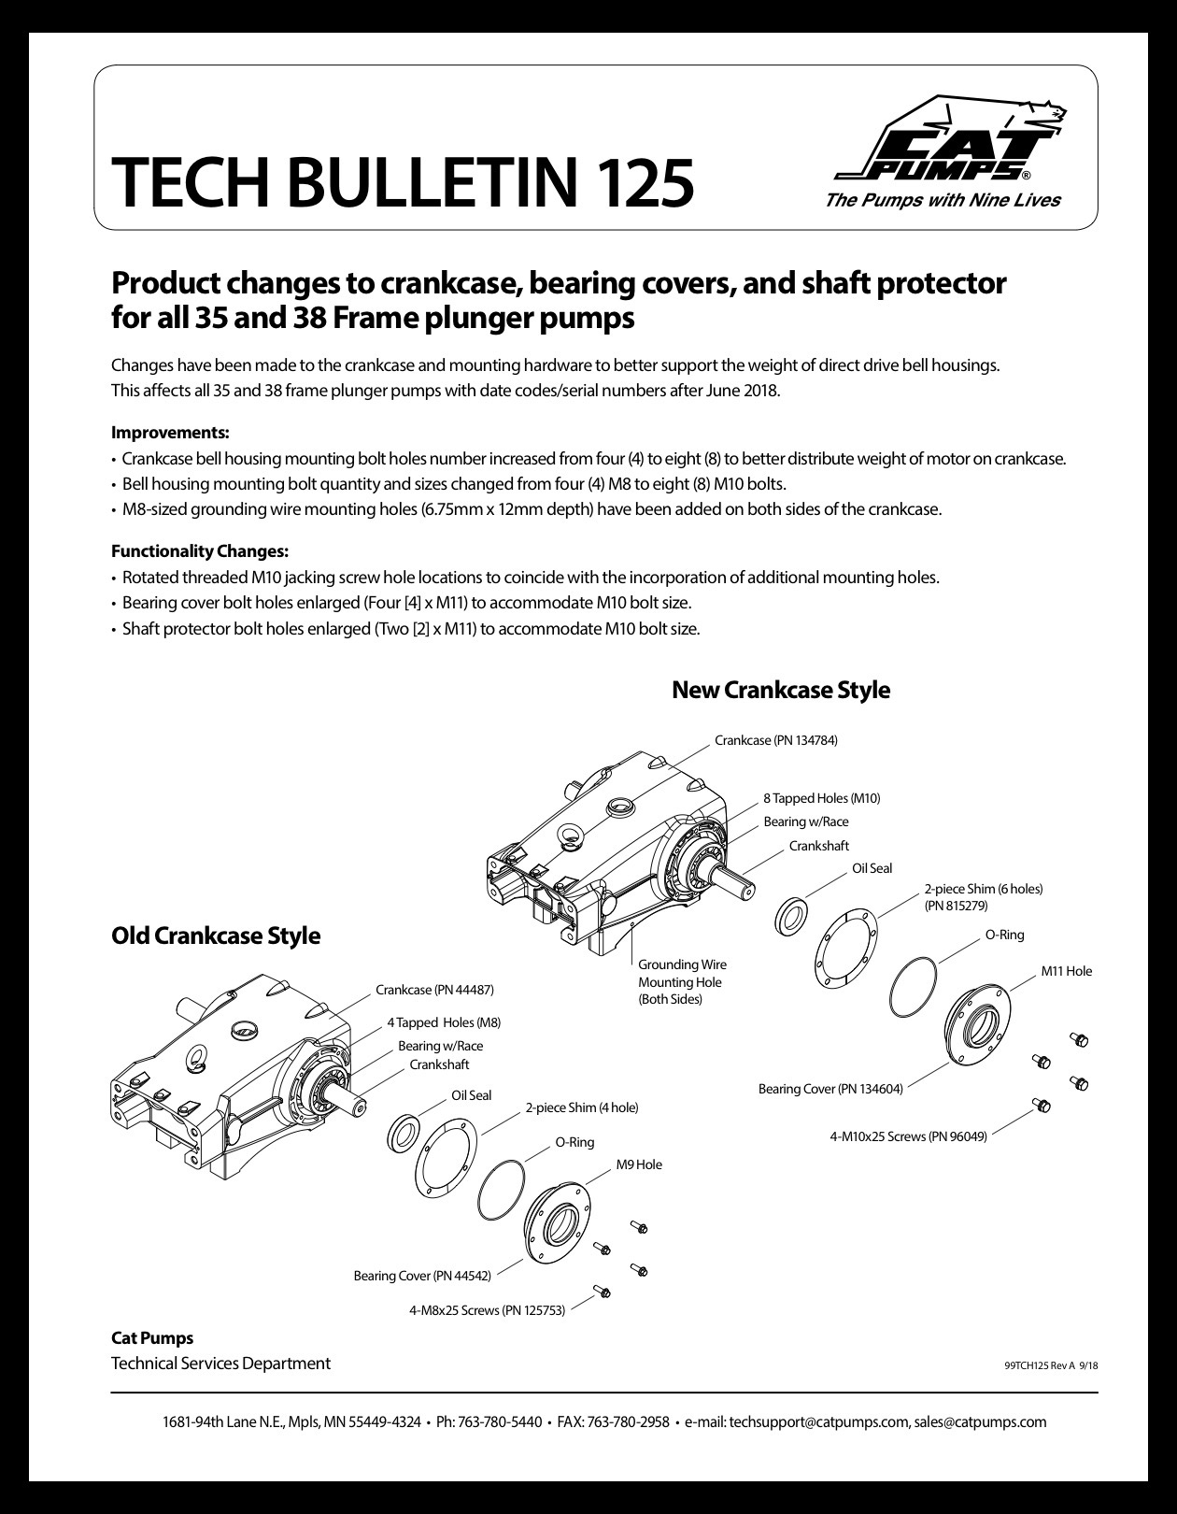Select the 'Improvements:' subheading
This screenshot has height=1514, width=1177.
point(170,433)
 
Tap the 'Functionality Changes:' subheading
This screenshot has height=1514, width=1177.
point(200,551)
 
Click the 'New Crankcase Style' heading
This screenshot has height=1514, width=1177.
point(781,690)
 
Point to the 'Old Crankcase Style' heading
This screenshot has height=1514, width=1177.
point(216,935)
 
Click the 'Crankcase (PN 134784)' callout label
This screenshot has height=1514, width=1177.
point(776,740)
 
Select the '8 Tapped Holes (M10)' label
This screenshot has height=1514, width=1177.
point(822,798)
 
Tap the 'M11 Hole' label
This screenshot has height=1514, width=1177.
point(1066,970)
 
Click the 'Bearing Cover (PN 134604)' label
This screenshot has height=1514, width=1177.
point(830,1088)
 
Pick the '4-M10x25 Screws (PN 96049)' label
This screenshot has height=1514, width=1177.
point(908,1136)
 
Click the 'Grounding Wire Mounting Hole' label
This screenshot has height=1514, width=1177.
point(683,981)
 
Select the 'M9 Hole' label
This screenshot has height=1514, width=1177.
point(639,1164)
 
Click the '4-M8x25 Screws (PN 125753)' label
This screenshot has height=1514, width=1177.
point(487,1310)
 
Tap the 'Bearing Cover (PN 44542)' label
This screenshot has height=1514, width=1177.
point(422,1276)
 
